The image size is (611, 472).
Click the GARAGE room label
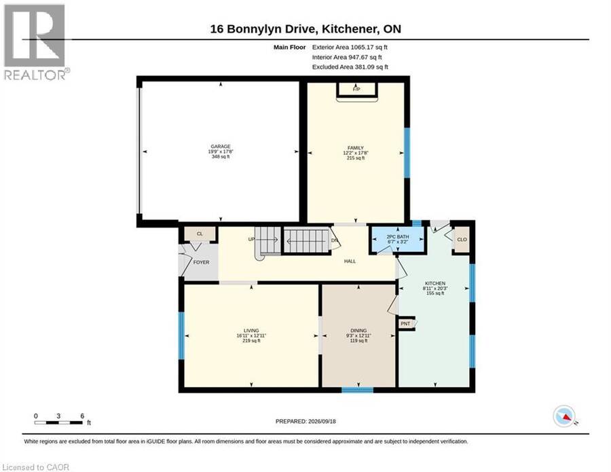pos(221,147)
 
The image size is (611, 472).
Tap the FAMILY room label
pos(355,148)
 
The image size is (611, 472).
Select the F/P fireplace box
pos(356,89)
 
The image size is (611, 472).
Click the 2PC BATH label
pos(397,236)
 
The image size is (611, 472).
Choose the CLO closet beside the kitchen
pos(462,239)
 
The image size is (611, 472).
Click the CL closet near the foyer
pos(200,234)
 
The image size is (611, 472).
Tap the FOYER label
pos(201,262)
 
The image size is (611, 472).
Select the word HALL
pos(350,261)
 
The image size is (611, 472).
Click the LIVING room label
pos(251,331)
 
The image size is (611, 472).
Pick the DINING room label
pos(358,331)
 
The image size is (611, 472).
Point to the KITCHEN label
pos(435,283)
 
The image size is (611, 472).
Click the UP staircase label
pos(251,239)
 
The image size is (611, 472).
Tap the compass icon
pos(565,416)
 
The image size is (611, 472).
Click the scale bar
pos(58,422)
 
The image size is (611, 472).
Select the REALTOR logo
pos(36,41)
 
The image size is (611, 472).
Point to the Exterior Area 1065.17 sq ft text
pos(350,47)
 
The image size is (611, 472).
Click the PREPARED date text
pos(305,421)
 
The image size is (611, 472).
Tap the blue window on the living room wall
pos(181,335)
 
